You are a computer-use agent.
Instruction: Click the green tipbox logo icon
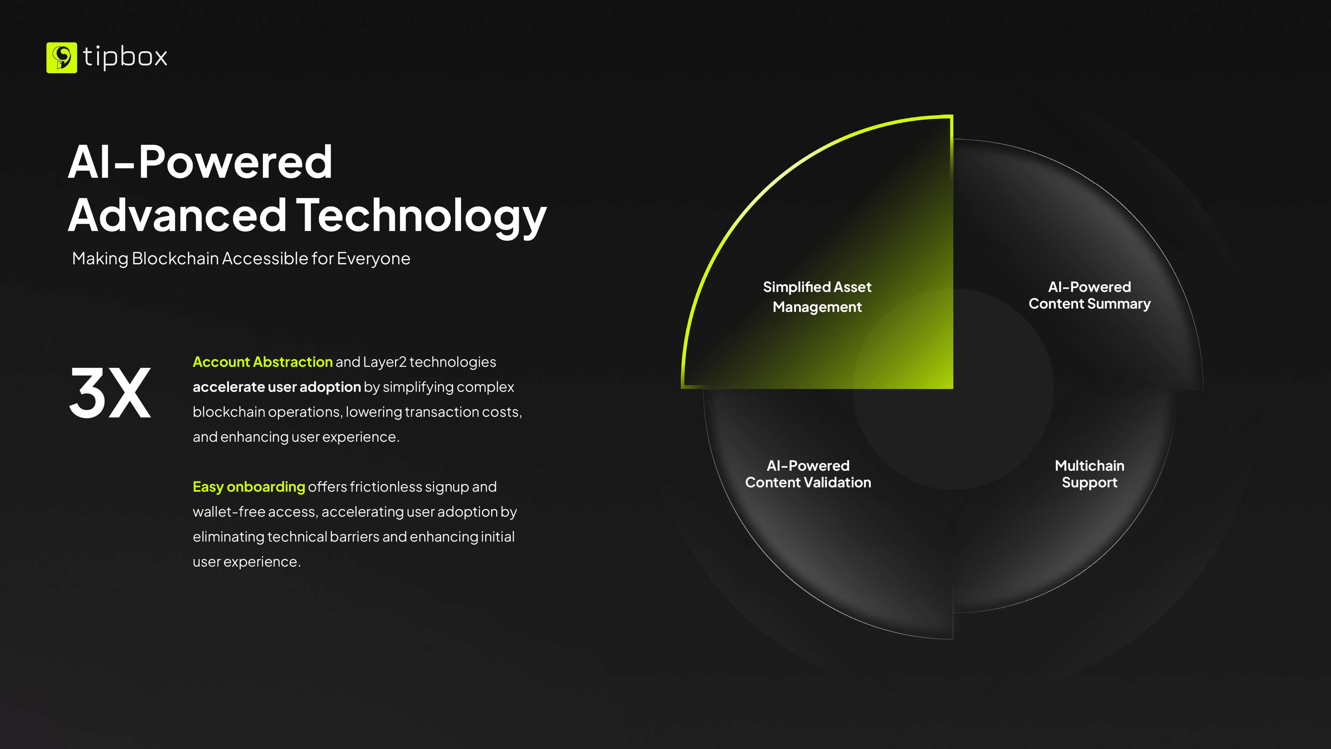62,57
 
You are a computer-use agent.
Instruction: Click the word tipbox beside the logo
125,57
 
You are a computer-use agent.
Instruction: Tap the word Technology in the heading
421,216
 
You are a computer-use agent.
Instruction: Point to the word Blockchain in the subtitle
175,258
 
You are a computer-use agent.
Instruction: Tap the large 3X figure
110,393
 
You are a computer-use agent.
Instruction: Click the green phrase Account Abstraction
263,362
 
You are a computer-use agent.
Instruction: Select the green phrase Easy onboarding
249,487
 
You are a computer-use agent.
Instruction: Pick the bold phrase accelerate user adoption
277,387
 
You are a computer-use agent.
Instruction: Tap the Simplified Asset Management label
817,297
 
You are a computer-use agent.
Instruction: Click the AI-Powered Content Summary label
1089,295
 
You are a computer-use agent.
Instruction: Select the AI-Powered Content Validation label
808,474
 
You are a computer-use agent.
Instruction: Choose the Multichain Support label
1089,474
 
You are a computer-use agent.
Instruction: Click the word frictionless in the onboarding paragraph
386,487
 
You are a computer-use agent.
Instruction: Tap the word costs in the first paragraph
502,412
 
